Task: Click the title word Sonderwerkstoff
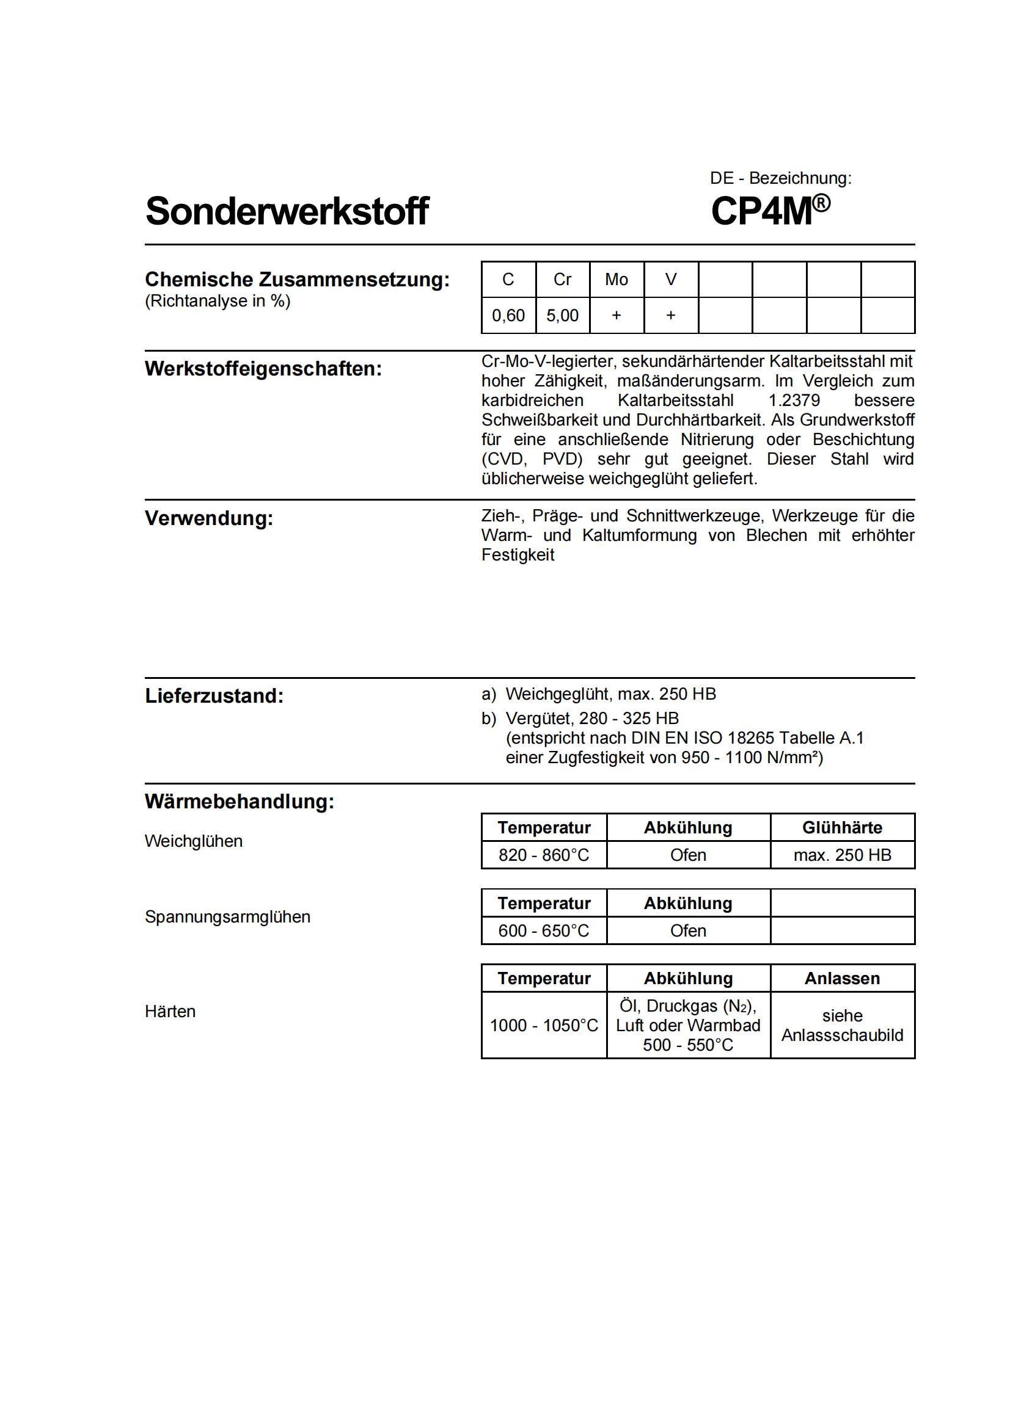click(287, 211)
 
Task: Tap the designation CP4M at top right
click(762, 211)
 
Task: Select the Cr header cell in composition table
click(562, 280)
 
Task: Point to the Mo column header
click(616, 280)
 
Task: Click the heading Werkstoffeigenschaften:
click(263, 369)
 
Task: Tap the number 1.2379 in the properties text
click(794, 400)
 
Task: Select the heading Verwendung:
click(209, 518)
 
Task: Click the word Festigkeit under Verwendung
click(518, 555)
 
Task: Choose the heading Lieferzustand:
click(214, 696)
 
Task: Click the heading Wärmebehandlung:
click(240, 802)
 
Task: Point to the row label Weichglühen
click(194, 841)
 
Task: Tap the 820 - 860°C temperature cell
click(543, 855)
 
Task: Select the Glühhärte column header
click(842, 828)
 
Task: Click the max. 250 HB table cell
click(842, 855)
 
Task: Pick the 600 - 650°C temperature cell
click(543, 931)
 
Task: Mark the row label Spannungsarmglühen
click(227, 918)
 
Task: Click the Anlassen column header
click(842, 979)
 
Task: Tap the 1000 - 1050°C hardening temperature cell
click(543, 1026)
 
